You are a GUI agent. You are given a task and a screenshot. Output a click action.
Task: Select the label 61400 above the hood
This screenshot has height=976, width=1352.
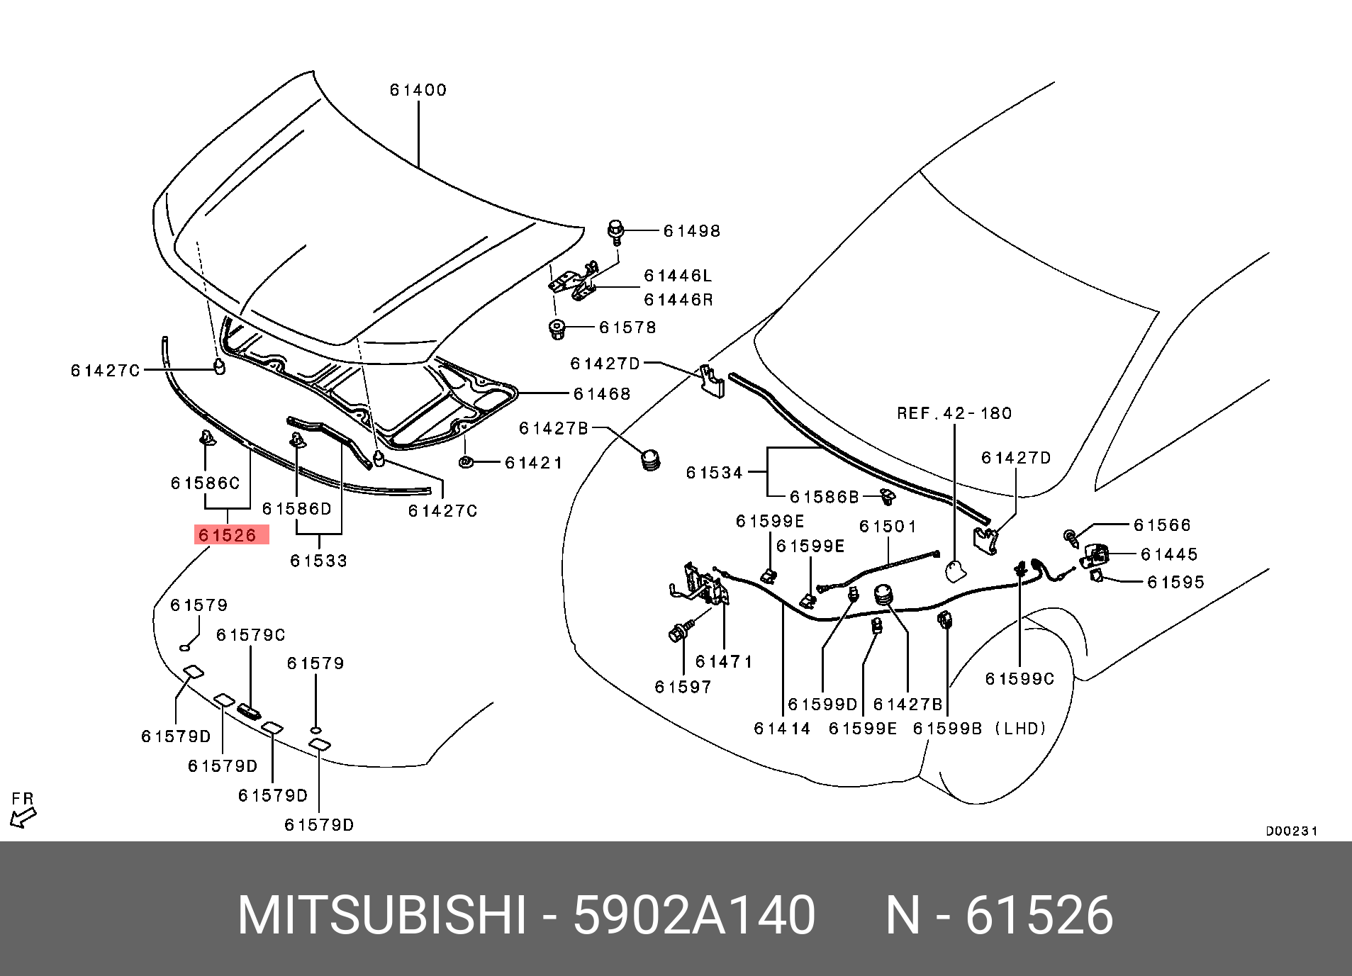click(x=418, y=90)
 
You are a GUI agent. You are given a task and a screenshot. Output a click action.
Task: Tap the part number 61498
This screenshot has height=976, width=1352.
click(x=691, y=231)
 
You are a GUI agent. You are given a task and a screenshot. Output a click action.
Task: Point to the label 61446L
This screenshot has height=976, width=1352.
click(x=678, y=276)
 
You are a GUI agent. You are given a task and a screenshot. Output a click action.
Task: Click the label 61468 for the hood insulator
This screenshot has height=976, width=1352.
click(x=601, y=394)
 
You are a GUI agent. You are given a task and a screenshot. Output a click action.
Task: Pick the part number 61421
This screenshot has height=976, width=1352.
click(x=533, y=464)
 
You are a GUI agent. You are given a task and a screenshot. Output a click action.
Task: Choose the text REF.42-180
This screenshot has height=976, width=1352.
click(x=954, y=413)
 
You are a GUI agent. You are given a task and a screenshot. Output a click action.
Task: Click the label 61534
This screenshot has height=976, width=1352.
click(x=714, y=472)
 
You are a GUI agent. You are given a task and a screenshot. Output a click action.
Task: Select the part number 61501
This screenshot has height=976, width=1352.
click(x=888, y=527)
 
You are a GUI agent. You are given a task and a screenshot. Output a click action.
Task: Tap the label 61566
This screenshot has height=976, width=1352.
click(x=1162, y=525)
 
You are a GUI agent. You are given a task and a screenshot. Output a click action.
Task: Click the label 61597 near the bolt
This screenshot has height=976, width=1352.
click(x=683, y=687)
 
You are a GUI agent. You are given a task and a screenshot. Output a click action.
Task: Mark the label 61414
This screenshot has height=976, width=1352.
click(x=782, y=728)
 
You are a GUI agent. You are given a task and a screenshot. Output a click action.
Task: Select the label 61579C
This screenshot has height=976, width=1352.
click(x=250, y=635)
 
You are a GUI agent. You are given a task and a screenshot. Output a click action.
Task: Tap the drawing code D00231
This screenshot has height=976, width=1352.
click(x=1291, y=831)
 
